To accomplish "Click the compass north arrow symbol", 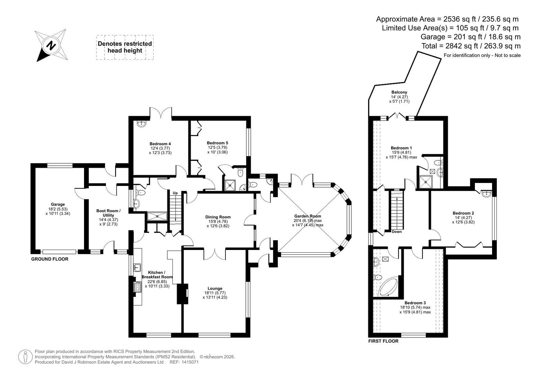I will (x=51, y=45).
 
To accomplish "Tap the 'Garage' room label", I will (x=58, y=204).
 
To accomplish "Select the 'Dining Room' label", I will (x=218, y=217).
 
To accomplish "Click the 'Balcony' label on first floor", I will (x=399, y=92).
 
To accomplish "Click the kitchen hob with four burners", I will (x=137, y=287).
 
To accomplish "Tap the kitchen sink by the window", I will (x=137, y=267).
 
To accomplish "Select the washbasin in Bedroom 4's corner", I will (x=142, y=124).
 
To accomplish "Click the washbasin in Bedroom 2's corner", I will (x=486, y=194).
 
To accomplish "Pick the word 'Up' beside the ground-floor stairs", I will (x=175, y=193).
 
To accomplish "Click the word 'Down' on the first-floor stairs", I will (x=397, y=232).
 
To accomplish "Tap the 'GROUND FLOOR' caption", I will (x=50, y=259).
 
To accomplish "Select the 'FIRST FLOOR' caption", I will (x=383, y=341).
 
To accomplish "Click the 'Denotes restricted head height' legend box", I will (x=125, y=47).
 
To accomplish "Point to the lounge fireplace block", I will (x=183, y=294).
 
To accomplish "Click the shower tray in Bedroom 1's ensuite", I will (x=426, y=182).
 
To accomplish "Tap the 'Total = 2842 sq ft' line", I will (x=471, y=46).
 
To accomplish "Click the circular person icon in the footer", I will (x=25, y=357).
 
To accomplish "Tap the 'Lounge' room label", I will (x=215, y=288).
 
